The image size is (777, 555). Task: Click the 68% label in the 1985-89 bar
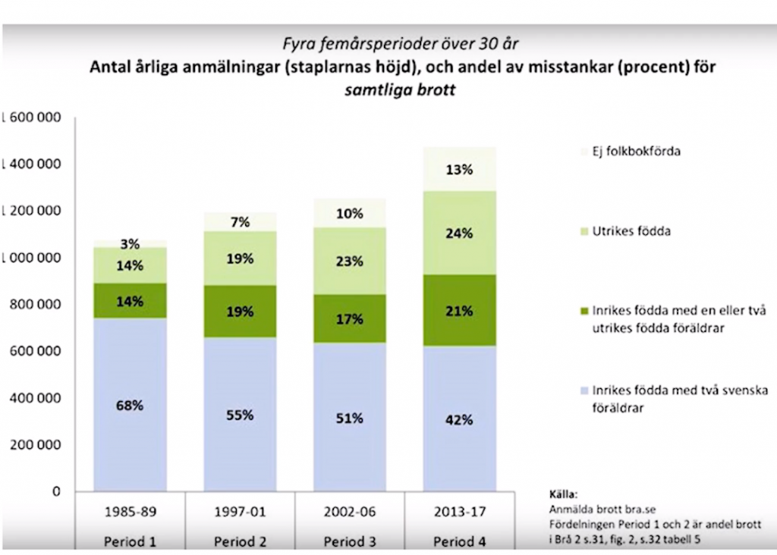tap(130, 405)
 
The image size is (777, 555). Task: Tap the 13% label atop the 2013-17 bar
tap(459, 170)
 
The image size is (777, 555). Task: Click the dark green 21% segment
tap(459, 311)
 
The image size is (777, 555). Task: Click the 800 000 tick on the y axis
tap(33, 305)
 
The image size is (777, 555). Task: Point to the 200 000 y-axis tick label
tap(33, 445)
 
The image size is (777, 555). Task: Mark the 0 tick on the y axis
tap(55, 491)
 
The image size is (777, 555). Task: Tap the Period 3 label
tap(349, 542)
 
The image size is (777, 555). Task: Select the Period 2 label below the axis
tap(240, 542)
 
